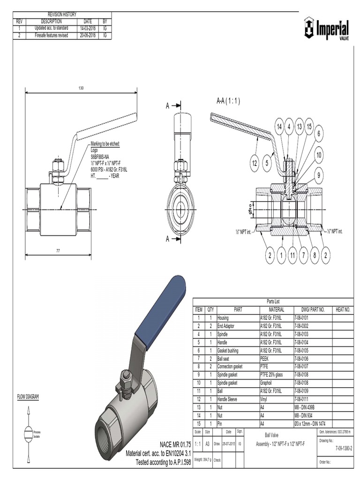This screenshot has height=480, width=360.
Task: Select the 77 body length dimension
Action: pos(59,251)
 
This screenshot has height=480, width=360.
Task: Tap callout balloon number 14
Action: pos(279,127)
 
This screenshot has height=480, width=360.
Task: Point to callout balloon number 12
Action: pos(255,163)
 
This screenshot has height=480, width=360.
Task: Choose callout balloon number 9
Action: pos(319,175)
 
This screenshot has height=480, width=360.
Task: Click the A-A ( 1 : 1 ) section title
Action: pos(228,101)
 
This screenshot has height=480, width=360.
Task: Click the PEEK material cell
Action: pos(266,358)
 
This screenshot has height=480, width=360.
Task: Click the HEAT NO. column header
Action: pos(343,309)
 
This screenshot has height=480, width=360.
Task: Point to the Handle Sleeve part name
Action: pos(228,399)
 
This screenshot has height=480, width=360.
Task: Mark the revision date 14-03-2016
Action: pos(88,28)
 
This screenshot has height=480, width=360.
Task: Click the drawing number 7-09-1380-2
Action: pos(344,448)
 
